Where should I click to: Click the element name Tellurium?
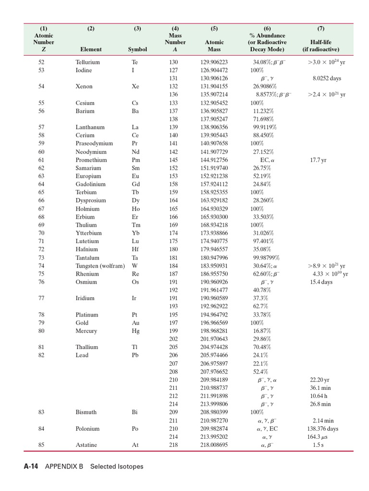87,62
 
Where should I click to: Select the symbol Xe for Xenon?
135,87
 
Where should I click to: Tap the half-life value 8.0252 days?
327,79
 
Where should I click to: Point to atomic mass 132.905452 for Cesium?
214,103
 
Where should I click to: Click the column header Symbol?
137,49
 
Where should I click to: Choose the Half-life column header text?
320,42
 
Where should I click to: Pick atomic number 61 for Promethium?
41,160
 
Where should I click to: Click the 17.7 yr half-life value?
318,160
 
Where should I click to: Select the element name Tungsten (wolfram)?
100,266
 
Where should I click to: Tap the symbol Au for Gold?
135,323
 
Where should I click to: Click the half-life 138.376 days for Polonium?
322,429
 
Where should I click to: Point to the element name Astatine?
86,445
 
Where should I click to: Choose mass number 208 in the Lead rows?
173,372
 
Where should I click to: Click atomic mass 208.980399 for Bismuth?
214,412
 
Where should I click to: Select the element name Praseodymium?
94,143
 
